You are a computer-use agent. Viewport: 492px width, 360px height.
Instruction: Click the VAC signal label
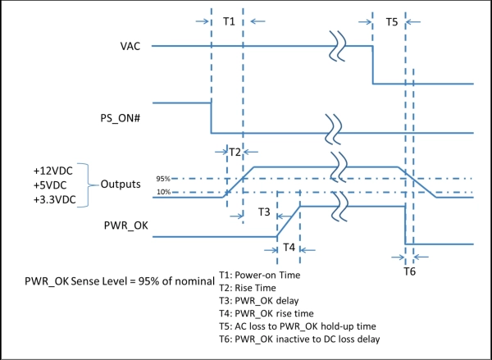pyautogui.click(x=130, y=46)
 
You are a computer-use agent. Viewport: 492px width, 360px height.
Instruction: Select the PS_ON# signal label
pyautogui.click(x=121, y=118)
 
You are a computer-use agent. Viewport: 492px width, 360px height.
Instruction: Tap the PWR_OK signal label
pyautogui.click(x=125, y=226)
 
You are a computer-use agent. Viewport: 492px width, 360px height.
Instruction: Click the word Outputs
pyautogui.click(x=121, y=185)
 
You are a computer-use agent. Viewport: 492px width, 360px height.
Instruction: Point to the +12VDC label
pyautogui.click(x=53, y=171)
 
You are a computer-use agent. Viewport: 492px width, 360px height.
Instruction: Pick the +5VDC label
pyautogui.click(x=50, y=185)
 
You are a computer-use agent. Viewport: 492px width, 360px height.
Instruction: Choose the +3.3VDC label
pyautogui.click(x=55, y=199)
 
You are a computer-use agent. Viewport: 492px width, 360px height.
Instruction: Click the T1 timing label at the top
pyautogui.click(x=229, y=21)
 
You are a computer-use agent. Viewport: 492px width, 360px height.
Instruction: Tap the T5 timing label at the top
pyautogui.click(x=392, y=22)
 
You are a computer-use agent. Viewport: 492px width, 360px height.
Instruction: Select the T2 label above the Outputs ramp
pyautogui.click(x=235, y=153)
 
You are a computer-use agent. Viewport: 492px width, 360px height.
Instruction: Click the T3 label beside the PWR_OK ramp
pyautogui.click(x=264, y=212)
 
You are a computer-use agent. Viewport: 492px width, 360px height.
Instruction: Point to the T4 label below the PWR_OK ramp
pyautogui.click(x=289, y=248)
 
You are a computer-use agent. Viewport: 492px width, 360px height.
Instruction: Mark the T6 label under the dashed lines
pyautogui.click(x=409, y=271)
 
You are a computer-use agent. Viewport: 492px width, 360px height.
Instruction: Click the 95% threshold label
pyautogui.click(x=163, y=179)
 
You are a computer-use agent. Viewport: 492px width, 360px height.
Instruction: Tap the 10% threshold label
pyautogui.click(x=163, y=192)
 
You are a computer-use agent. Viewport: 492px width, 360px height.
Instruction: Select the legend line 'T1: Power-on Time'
pyautogui.click(x=260, y=275)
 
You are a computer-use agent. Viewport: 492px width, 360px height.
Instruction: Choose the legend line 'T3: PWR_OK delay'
pyautogui.click(x=259, y=301)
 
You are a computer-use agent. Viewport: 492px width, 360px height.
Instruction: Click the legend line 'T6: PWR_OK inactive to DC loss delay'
pyautogui.click(x=299, y=339)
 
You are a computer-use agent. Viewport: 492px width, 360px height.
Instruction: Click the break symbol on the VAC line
pyautogui.click(x=337, y=46)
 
